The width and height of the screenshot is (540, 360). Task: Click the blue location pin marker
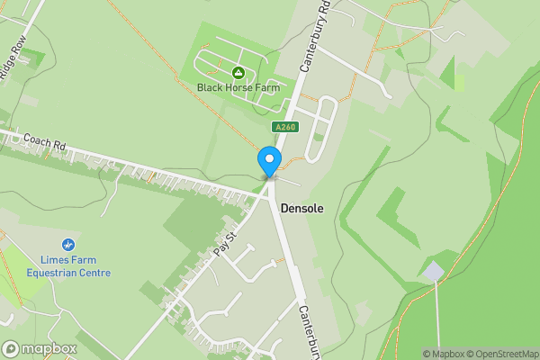click(x=268, y=161)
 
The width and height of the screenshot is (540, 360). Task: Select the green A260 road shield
click(x=285, y=128)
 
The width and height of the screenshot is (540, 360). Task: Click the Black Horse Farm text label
click(x=239, y=87)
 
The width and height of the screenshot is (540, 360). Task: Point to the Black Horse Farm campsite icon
click(x=238, y=72)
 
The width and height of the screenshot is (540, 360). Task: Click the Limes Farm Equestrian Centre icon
click(x=67, y=244)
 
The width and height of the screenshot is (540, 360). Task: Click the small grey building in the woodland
click(x=435, y=271)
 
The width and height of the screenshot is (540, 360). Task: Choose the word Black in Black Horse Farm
click(x=211, y=87)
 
